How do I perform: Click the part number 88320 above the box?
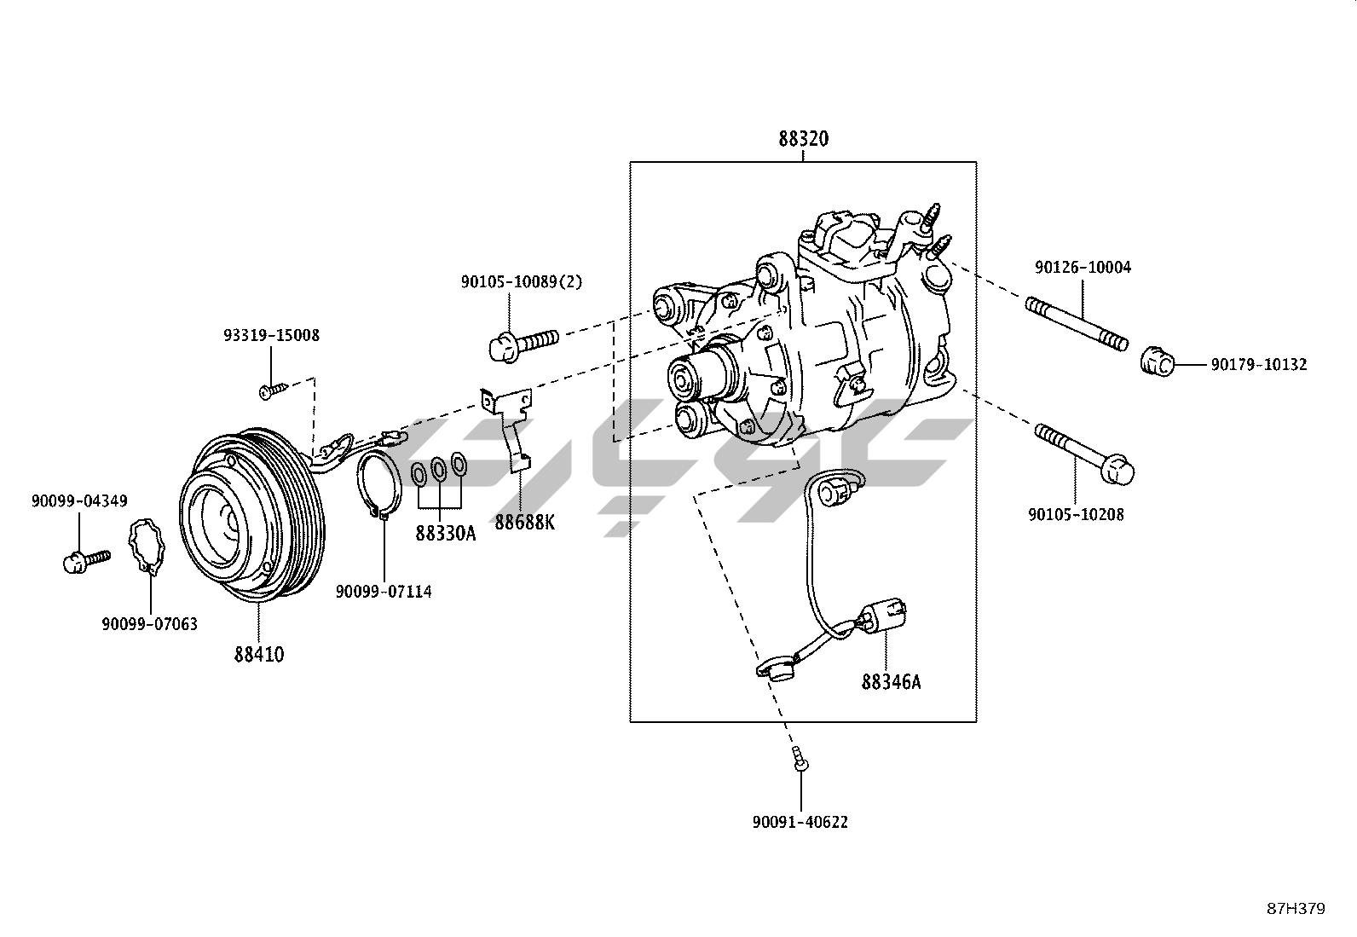(803, 139)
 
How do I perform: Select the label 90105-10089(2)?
(522, 282)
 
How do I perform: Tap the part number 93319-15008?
(271, 335)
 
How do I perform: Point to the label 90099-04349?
(79, 500)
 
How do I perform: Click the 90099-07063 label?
(150, 623)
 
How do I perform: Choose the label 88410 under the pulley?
(259, 655)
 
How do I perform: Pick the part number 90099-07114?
(384, 591)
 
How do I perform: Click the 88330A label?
(446, 534)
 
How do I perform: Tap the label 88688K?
(524, 522)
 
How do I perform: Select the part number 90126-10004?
(1083, 267)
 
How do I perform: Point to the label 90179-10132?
(1260, 364)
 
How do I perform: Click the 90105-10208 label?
(1076, 515)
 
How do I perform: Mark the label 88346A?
(891, 682)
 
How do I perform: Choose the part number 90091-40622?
(800, 822)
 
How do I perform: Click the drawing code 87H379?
(1296, 909)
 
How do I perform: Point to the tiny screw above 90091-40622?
(800, 759)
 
